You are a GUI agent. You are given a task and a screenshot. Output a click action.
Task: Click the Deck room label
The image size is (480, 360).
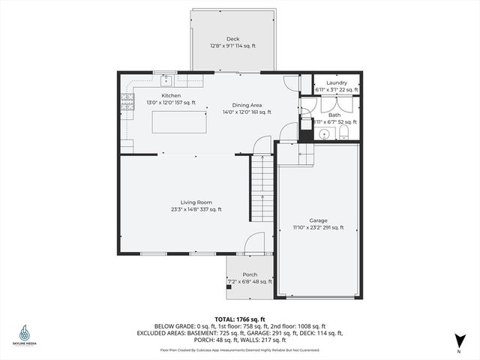pos(232,38)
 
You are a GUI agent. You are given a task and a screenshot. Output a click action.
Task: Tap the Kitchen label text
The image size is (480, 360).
pos(171,96)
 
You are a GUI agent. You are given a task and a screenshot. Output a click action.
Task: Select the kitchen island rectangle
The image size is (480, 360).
pos(178,121)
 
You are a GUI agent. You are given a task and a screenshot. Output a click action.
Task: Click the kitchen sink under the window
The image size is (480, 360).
pos(165,79)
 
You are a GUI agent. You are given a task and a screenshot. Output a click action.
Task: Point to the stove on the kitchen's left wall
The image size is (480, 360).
pos(128,104)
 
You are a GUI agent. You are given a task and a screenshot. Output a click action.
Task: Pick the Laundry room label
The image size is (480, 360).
pos(336,82)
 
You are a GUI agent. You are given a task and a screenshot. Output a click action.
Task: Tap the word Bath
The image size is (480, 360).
pos(334,115)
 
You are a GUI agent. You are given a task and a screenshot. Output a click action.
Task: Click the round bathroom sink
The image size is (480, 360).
pos(325,135)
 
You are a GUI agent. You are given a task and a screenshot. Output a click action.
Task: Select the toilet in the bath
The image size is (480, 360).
pos(343,133)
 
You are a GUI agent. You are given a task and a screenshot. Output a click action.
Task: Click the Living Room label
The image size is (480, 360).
pos(196,202)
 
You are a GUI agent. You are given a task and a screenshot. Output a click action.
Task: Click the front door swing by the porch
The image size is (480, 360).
pos(255,242)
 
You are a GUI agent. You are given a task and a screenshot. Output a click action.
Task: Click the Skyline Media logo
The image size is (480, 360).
pos(25,335)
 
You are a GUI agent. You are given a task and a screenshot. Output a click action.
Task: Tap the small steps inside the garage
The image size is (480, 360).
pos(305,155)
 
